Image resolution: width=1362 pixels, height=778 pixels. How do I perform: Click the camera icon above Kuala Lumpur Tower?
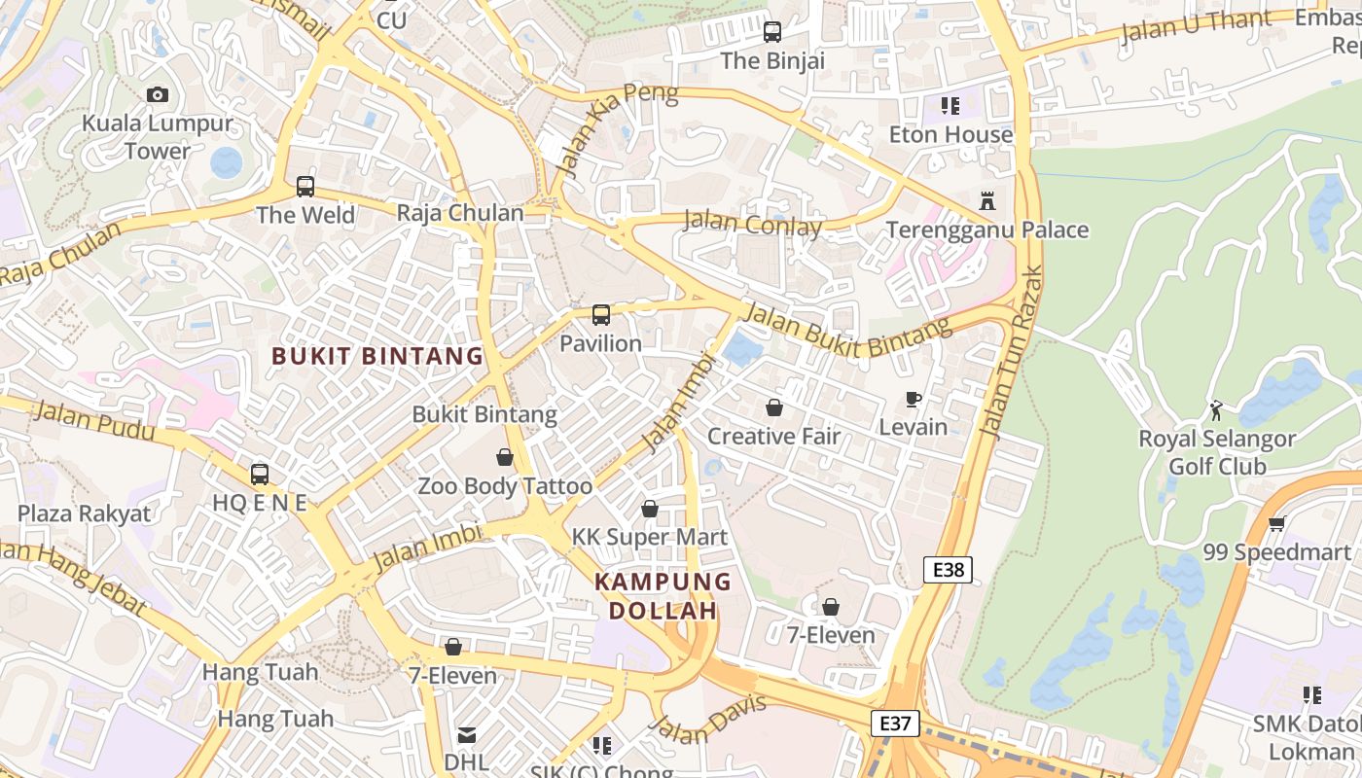point(157,94)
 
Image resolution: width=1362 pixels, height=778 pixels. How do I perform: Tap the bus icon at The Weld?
point(305,186)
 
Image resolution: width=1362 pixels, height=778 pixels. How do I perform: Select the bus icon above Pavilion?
point(601,314)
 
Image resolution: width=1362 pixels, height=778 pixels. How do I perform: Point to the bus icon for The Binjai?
point(772,32)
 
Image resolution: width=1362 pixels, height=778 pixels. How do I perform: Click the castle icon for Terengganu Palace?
point(987,201)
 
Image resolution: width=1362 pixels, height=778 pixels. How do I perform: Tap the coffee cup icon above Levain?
point(913,399)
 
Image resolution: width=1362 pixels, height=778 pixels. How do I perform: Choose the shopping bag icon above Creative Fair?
point(774,407)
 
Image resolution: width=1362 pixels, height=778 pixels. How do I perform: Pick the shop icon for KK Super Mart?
point(650,509)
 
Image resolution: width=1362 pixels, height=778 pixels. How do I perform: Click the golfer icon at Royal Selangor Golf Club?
point(1216,410)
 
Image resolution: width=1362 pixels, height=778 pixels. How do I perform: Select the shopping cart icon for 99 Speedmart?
point(1276,524)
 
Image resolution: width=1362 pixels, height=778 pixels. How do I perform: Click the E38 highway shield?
point(948,570)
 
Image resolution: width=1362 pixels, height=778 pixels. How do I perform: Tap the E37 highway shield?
point(894,724)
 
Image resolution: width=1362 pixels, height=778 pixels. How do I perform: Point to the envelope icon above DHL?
point(467,734)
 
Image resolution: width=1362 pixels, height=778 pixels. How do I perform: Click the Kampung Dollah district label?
point(663,596)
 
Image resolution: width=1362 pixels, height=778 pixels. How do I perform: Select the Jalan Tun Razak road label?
point(1012,352)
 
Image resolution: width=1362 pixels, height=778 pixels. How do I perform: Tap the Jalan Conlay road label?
point(753,224)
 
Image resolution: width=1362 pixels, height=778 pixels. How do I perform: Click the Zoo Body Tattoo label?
point(505,486)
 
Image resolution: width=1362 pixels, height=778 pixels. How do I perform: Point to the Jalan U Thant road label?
point(1196,27)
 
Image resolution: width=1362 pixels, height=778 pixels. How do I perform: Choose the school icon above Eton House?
point(950,105)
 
